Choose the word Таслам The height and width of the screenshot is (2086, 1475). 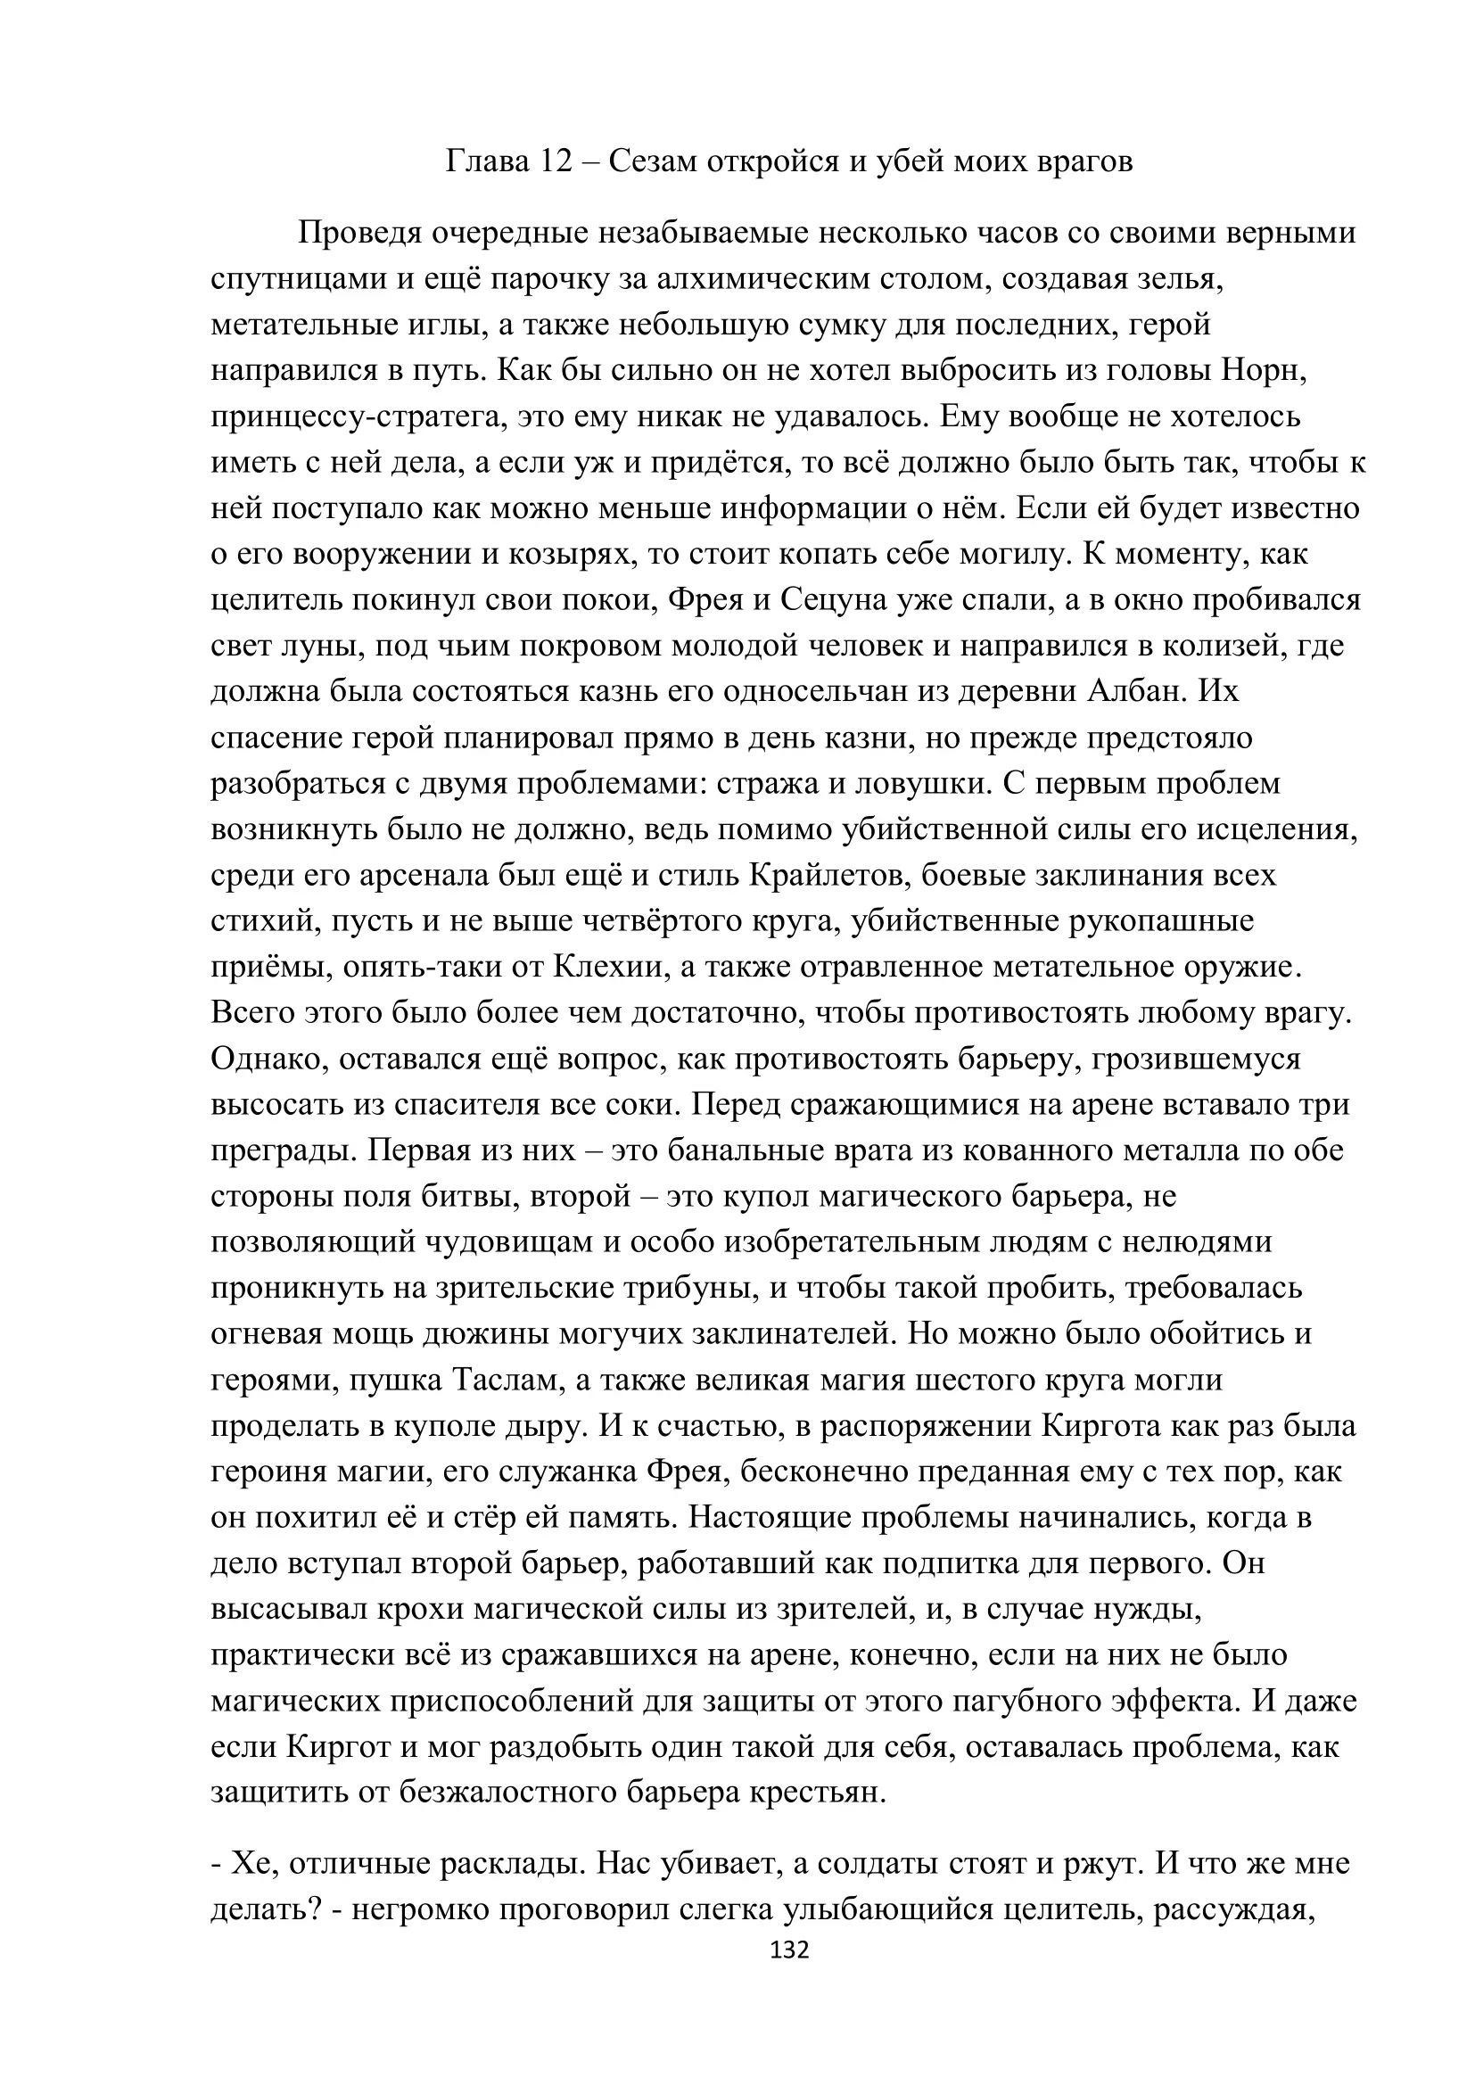pyautogui.click(x=505, y=1379)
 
